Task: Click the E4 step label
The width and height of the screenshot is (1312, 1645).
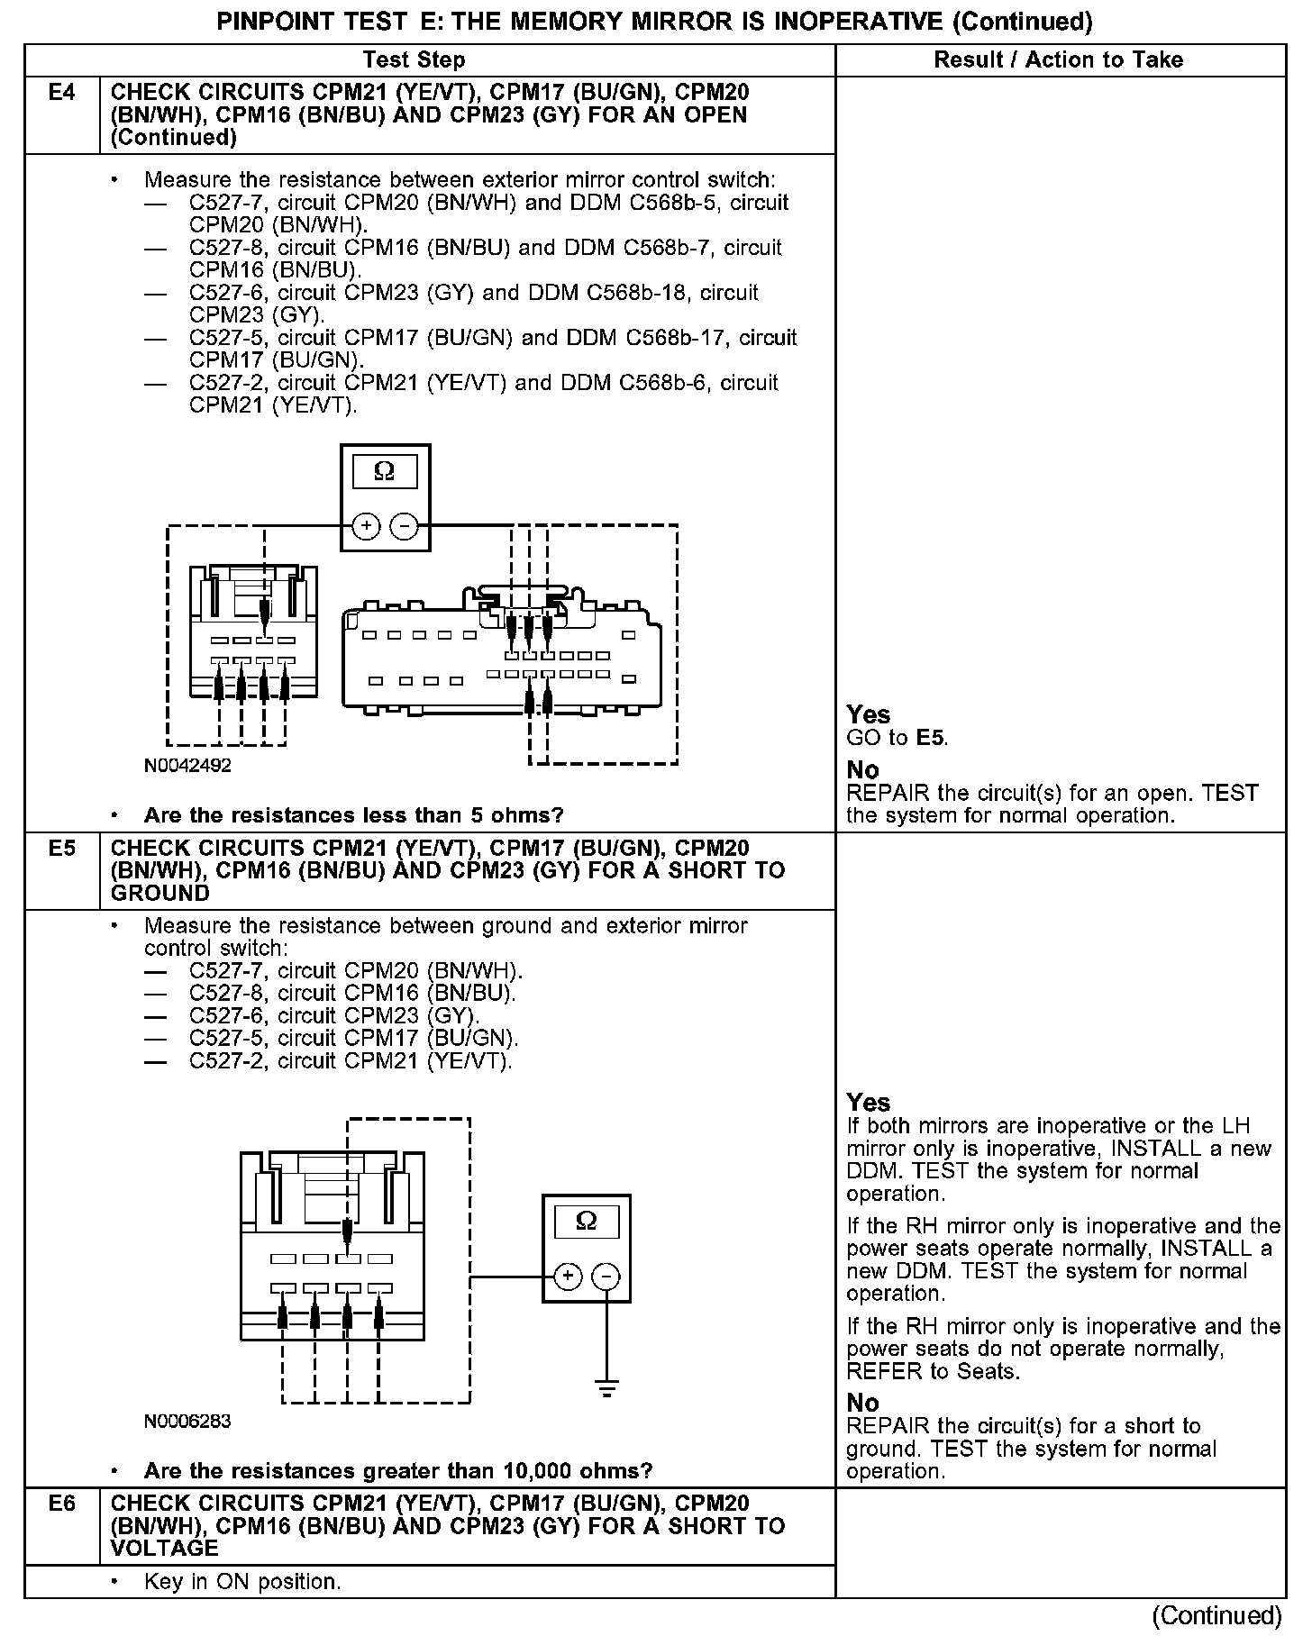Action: [x=61, y=92]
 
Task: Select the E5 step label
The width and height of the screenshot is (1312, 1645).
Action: [x=61, y=848]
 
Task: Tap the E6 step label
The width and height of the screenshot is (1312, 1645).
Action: [x=61, y=1504]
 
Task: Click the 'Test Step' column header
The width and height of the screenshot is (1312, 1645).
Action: [x=414, y=60]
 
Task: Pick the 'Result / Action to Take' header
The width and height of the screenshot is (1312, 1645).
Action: [x=1058, y=60]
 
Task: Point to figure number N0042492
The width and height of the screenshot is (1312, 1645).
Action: [x=187, y=766]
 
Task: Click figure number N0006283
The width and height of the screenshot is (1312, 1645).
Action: [x=187, y=1422]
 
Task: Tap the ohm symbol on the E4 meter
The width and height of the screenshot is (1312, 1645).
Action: [x=384, y=471]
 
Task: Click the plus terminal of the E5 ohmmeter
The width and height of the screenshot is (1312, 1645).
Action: [x=567, y=1277]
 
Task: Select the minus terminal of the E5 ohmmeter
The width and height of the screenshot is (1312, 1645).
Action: [x=606, y=1277]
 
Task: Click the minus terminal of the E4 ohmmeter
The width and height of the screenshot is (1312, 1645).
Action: [x=405, y=525]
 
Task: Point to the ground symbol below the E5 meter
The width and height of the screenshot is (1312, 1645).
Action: [x=606, y=1387]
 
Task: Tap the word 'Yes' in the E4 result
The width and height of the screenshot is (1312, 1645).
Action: [x=868, y=714]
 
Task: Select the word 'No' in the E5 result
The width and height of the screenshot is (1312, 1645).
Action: [x=862, y=1403]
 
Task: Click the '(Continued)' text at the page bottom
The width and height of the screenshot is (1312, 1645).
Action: [x=1216, y=1616]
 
